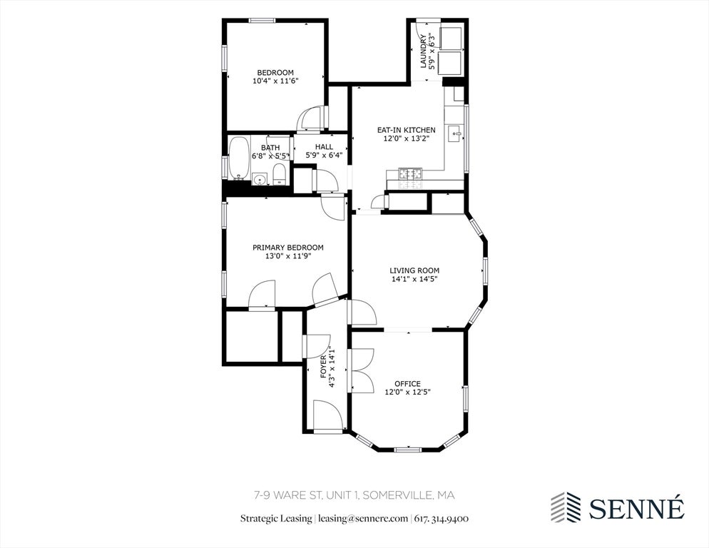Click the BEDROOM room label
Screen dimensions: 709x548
coord(275,72)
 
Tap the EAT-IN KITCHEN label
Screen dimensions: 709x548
coord(406,130)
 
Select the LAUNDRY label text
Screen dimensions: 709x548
coord(423,51)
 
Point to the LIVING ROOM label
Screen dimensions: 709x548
coord(414,270)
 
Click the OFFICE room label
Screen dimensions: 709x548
coord(407,384)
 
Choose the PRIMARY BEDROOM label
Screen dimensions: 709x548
coord(287,248)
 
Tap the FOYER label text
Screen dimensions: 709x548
coord(323,367)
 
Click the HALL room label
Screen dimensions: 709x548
coord(324,146)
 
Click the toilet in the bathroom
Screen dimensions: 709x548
coord(280,174)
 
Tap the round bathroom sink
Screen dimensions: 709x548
coord(260,180)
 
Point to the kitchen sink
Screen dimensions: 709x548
coord(454,133)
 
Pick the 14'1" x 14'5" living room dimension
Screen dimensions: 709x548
coord(414,279)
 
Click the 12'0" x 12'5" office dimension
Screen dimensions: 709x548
coord(407,392)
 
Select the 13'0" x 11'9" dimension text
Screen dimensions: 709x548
coord(288,256)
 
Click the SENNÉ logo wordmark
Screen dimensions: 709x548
coord(637,508)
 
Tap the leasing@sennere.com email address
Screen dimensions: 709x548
coord(363,518)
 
